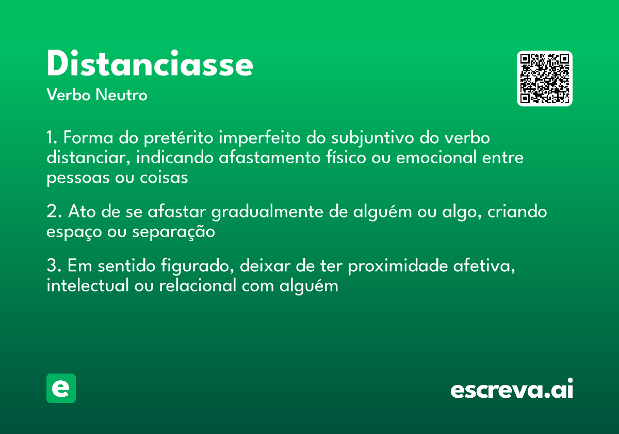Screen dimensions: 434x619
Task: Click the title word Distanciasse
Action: pos(150,64)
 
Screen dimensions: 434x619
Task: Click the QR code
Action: pos(545,79)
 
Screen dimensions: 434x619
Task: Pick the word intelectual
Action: pos(87,285)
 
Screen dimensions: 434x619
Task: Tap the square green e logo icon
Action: pos(61,388)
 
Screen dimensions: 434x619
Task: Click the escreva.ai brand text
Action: pos(512,389)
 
